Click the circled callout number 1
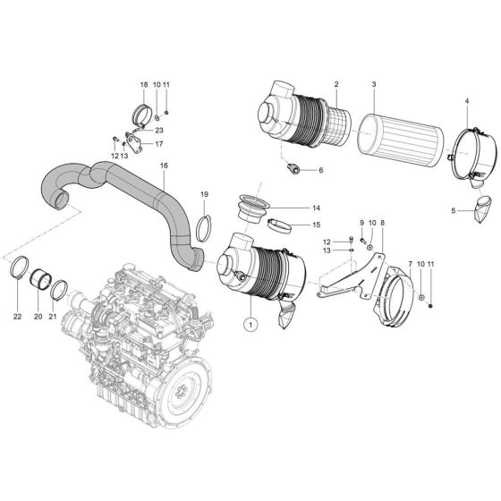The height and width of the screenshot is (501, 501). click(252, 323)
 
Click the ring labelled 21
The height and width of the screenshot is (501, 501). click(58, 290)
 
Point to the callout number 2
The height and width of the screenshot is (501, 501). click(335, 85)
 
